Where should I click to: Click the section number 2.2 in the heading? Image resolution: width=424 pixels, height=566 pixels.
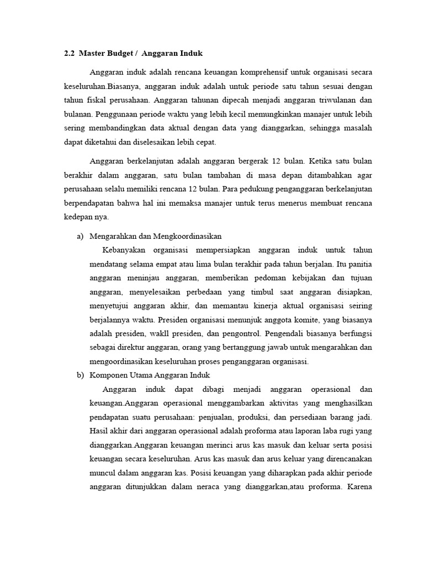click(69, 54)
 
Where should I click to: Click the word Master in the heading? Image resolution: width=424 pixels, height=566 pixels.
click(92, 54)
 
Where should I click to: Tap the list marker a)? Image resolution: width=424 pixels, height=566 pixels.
click(79, 236)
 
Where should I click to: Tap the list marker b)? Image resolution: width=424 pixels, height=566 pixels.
click(79, 375)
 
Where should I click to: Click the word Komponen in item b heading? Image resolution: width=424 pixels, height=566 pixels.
click(108, 375)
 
